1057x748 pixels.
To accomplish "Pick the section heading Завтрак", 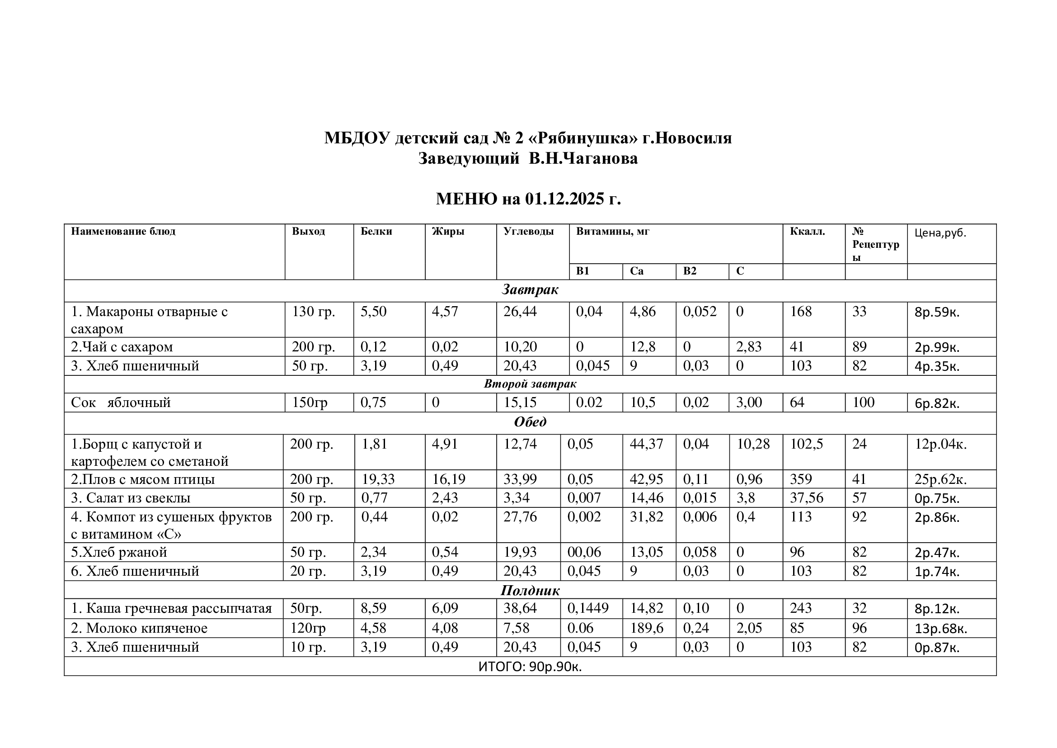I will pyautogui.click(x=530, y=290).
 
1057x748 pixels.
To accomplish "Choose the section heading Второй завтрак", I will pyautogui.click(x=530, y=383).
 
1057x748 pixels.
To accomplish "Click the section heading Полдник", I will pyautogui.click(x=530, y=591).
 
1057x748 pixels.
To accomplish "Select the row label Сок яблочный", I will pyautogui.click(x=121, y=402).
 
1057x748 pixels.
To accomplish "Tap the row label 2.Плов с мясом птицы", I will pyautogui.click(x=143, y=479).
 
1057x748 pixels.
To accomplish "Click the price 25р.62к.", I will pyautogui.click(x=940, y=480).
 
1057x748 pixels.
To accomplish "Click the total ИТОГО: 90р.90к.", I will pyautogui.click(x=530, y=667).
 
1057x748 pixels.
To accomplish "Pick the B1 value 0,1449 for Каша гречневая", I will pyautogui.click(x=587, y=608).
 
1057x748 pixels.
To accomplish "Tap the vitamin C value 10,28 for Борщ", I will pyautogui.click(x=753, y=444).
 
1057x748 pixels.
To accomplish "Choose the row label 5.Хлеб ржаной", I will pyautogui.click(x=119, y=552).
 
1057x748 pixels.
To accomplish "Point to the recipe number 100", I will pyautogui.click(x=863, y=402).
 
